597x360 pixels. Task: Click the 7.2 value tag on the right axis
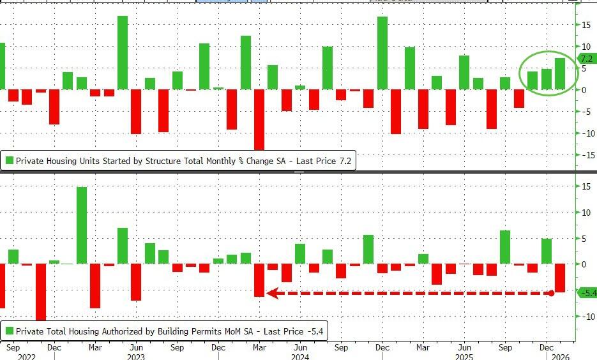[587, 59]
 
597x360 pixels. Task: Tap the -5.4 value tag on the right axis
[587, 292]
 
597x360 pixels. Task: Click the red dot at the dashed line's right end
[551, 293]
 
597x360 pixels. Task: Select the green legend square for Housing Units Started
[9, 161]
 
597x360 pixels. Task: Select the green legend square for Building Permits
[9, 331]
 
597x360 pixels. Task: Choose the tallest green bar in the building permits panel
[82, 225]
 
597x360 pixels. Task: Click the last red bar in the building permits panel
[560, 278]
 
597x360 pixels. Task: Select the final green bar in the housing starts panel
[560, 73]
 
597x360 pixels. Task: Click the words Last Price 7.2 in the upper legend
[324, 161]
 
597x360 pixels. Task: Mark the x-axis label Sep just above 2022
[13, 348]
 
